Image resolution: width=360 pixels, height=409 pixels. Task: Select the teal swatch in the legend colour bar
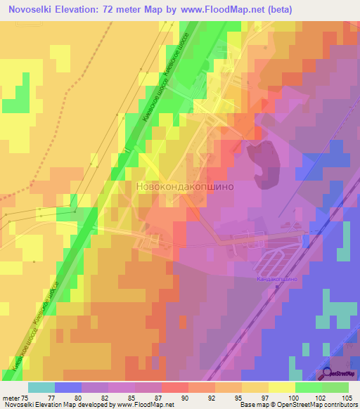(x=41, y=387)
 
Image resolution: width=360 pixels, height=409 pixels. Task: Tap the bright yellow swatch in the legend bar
(x=282, y=387)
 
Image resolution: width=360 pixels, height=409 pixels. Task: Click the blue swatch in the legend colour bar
(x=68, y=387)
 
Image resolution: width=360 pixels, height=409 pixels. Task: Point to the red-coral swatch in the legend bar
(x=175, y=387)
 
